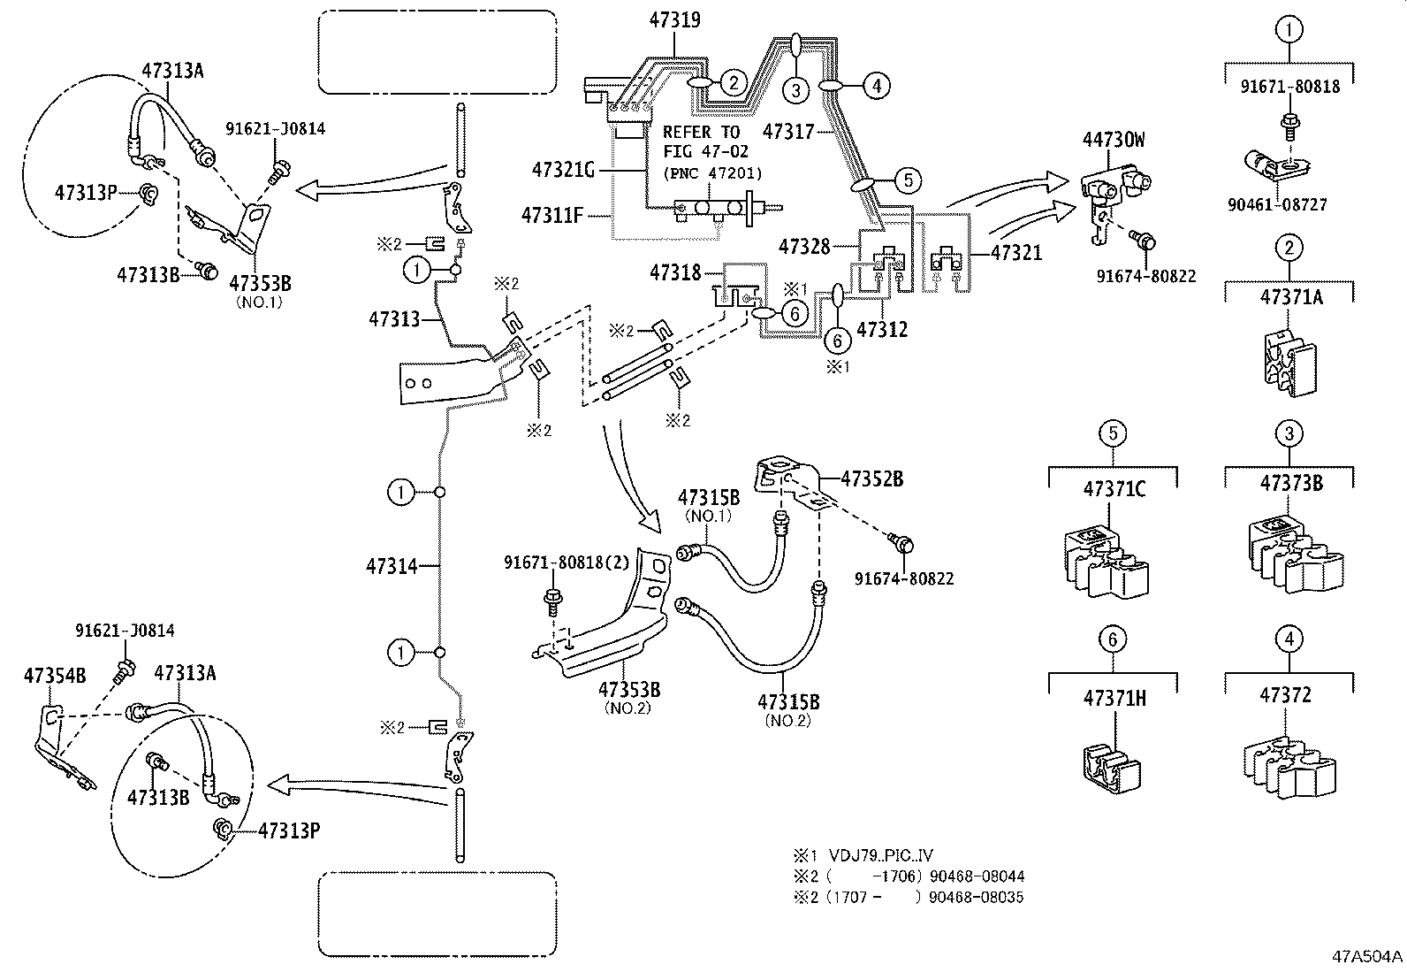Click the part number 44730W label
(x=1114, y=139)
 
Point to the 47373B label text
(x=1290, y=483)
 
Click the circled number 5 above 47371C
(x=1112, y=433)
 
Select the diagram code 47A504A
(x=1367, y=956)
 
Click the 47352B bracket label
(x=871, y=478)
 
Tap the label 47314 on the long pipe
(x=392, y=565)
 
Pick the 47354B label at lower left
(x=54, y=676)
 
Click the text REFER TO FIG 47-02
(x=705, y=141)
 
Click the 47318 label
(x=675, y=272)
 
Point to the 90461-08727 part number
(x=1276, y=204)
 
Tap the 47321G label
(x=563, y=169)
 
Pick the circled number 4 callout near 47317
(x=877, y=85)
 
